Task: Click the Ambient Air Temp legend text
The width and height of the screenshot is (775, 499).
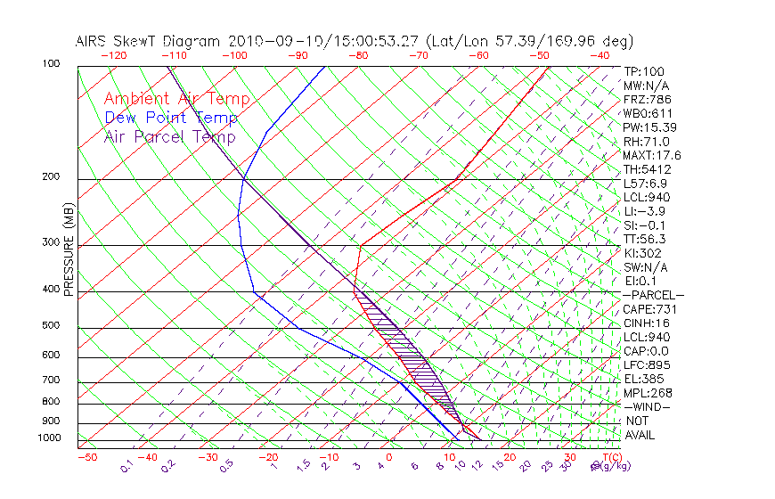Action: [176, 99]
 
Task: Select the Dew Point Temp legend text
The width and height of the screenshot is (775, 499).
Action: [171, 118]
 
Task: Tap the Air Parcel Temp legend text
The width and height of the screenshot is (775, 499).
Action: [169, 136]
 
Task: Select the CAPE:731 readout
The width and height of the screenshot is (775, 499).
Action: [647, 309]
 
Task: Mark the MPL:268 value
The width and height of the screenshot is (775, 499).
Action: [647, 393]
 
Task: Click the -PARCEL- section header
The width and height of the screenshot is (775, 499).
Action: [653, 295]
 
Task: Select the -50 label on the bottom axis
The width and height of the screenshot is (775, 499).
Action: [86, 457]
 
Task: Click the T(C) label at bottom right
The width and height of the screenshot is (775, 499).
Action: [609, 457]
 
